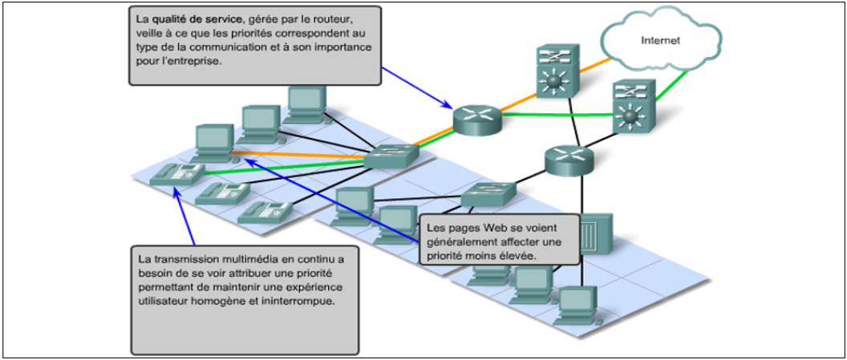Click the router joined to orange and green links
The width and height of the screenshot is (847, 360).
pos(476,119)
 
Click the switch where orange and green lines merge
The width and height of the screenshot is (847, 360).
pos(391,158)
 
